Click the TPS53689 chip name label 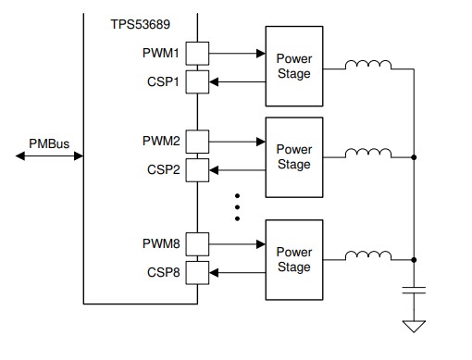click(x=141, y=21)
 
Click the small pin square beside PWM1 click(x=197, y=54)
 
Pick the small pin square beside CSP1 click(x=197, y=81)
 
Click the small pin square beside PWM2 click(x=197, y=142)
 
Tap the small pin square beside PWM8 click(x=197, y=245)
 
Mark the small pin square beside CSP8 click(x=197, y=273)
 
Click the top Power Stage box click(x=294, y=67)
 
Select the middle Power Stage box click(x=294, y=157)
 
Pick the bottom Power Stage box click(x=294, y=259)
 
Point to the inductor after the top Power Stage click(x=367, y=65)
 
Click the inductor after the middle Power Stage click(x=367, y=154)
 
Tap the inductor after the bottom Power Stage click(x=367, y=256)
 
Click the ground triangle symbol click(x=414, y=327)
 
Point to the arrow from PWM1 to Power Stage click(x=236, y=54)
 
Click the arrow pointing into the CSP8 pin click(x=236, y=273)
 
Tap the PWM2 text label click(x=162, y=142)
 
